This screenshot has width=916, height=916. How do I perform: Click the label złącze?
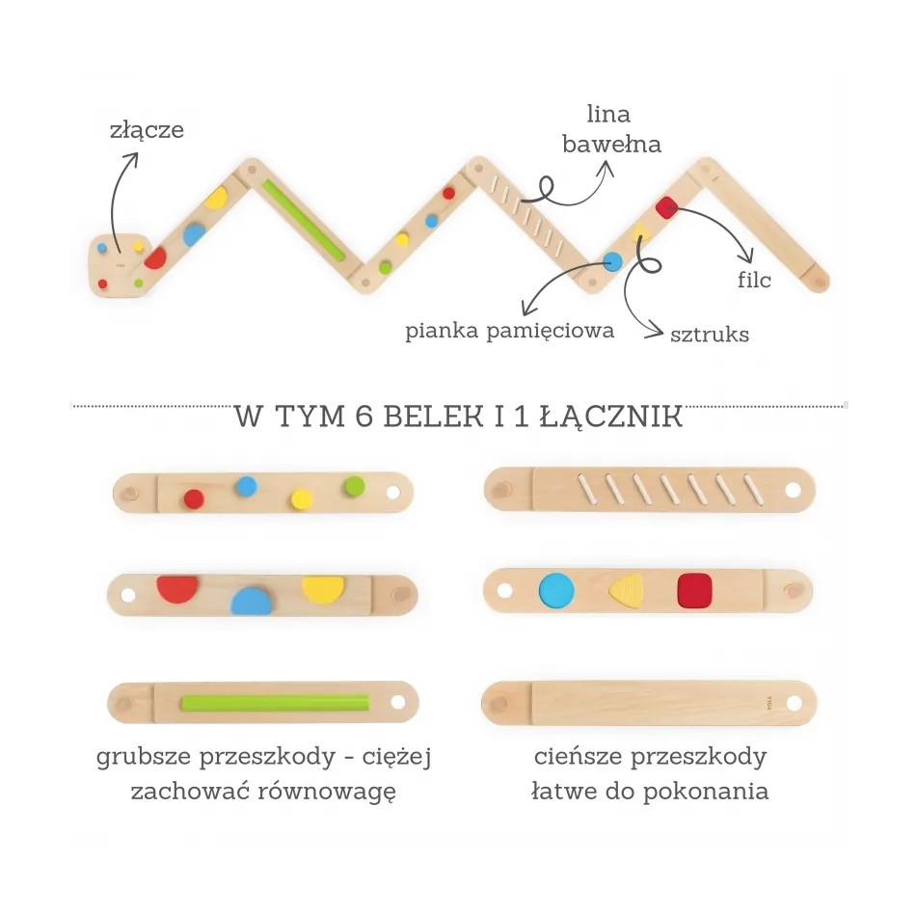coord(146,130)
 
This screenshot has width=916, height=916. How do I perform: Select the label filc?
coord(754,281)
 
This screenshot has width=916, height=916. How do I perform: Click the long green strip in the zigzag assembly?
coord(303,219)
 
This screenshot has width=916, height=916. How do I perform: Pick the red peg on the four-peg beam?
coord(194,498)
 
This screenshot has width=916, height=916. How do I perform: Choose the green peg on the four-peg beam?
coord(355,485)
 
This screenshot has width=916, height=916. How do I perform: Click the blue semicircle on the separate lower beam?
coord(251,601)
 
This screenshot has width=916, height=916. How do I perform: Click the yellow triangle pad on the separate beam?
coord(626,591)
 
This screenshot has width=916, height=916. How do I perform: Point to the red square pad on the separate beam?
coord(694,590)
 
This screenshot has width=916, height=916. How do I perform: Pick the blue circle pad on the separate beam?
coord(556,590)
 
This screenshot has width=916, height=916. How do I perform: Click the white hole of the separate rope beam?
coord(792,490)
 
